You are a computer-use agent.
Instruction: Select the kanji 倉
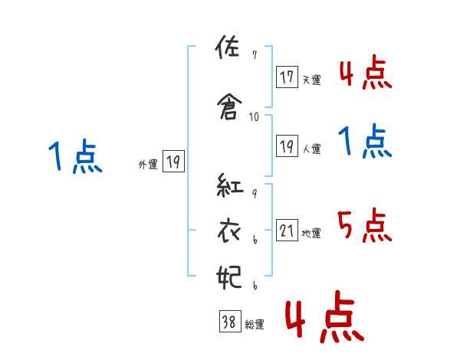tap(229, 107)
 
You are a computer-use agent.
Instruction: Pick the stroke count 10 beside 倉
tap(255, 117)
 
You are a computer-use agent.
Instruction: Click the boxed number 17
tap(287, 77)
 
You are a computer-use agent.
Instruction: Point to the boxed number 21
tap(287, 231)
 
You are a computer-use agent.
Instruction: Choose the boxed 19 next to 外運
tap(172, 161)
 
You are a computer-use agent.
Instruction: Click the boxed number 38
tap(228, 322)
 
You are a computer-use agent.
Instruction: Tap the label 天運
tap(311, 80)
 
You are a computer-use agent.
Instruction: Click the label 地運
tap(311, 233)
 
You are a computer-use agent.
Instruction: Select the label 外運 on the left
tap(147, 163)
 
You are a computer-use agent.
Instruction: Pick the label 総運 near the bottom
tap(254, 325)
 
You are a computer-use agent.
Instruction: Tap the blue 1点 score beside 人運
tap(365, 142)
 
